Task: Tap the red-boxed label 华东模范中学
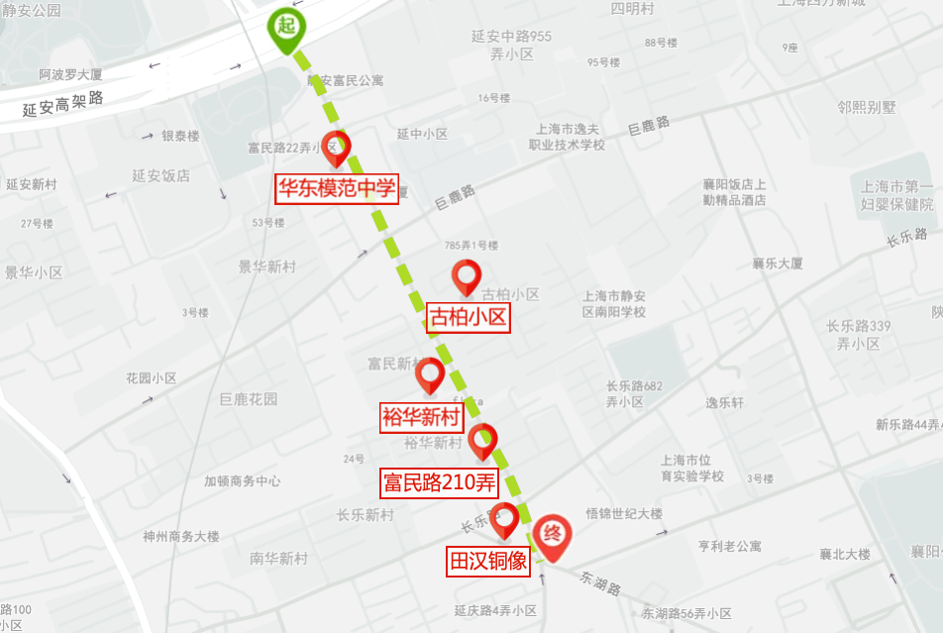337,188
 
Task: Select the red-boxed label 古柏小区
469,318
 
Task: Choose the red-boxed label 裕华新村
422,417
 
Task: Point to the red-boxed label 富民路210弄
439,482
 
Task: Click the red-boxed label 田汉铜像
489,561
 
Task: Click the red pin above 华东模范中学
337,147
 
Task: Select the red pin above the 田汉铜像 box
505,517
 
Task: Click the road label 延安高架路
63,103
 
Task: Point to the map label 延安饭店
160,175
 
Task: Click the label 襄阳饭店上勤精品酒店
734,192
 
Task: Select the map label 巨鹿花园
249,399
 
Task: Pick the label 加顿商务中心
243,480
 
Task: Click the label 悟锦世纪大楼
624,513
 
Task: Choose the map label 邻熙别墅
866,107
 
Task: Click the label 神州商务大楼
181,536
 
